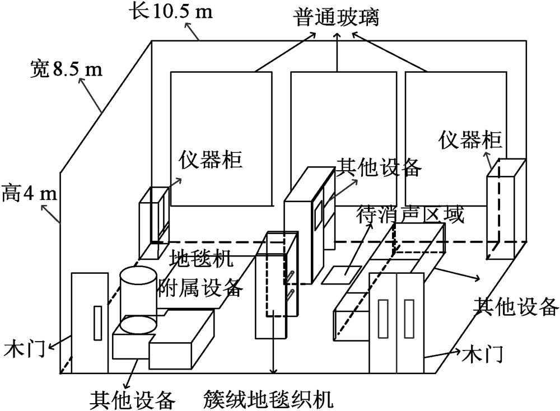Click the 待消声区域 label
pos(410,215)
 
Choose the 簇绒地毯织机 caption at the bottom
pos(269,400)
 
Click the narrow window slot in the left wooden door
pos(96,323)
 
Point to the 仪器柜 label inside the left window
pos(210,161)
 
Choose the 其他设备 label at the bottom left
pos(133,400)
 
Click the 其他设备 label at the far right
pos(515,305)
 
